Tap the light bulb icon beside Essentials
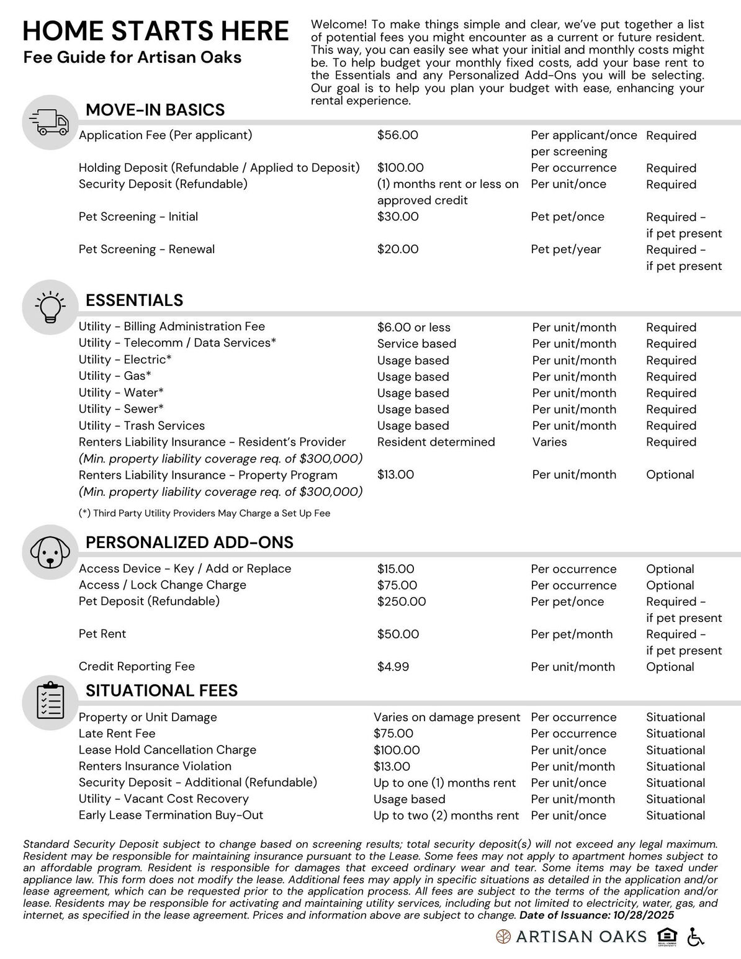click(50, 307)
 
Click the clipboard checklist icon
click(50, 701)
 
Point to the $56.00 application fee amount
click(397, 135)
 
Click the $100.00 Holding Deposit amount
click(400, 168)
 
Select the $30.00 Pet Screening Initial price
click(397, 217)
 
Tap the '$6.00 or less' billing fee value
click(413, 327)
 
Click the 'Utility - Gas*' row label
click(115, 376)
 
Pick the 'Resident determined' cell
click(436, 442)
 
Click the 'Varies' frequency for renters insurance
click(549, 442)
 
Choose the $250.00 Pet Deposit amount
click(401, 601)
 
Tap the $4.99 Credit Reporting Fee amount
click(393, 667)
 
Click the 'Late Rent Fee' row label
click(117, 734)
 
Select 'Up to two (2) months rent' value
click(446, 816)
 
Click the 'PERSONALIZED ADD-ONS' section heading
click(189, 543)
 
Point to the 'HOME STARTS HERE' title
click(156, 31)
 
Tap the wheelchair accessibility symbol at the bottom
click(696, 937)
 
